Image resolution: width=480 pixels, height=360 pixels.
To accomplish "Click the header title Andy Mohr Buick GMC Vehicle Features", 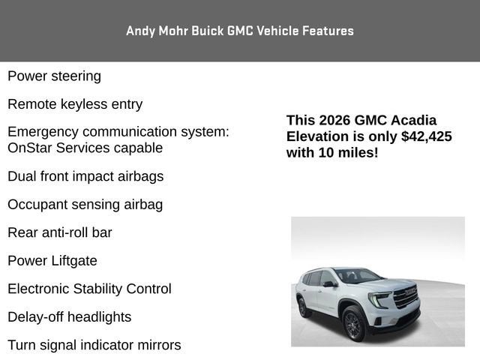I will point(240,31).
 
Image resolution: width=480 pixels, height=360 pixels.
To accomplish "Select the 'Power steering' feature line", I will point(54,76).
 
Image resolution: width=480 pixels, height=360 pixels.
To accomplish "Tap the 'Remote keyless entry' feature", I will point(75,104).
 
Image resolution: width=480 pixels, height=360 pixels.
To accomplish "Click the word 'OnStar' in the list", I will point(31,148).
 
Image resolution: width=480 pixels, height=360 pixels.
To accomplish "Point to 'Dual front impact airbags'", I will point(85,176).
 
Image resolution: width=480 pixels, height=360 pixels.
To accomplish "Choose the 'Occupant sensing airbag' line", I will point(85,205).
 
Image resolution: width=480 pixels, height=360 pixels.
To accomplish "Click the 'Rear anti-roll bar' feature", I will point(60,232).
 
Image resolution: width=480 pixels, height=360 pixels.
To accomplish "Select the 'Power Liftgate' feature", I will point(52,261).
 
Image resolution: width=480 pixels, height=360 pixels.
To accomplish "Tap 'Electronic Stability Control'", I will point(89,289).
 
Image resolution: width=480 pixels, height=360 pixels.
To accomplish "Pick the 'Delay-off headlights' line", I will point(69,317).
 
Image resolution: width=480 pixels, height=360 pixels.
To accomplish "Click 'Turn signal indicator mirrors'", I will point(94,345).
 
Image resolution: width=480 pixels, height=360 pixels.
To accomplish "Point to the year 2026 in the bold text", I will point(338,120).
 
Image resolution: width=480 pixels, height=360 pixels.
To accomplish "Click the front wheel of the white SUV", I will point(353,323).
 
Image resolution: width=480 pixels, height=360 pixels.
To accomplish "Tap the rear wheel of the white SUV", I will point(303,307).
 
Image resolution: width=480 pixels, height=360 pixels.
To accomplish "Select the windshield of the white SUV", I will point(357,275).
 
